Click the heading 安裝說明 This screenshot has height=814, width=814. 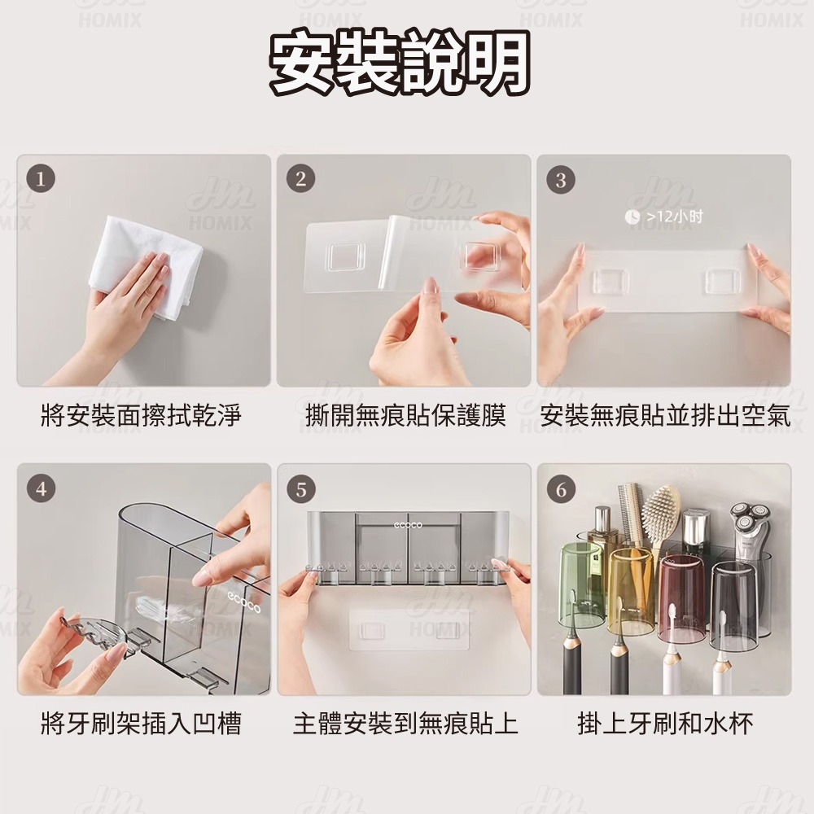click(400, 63)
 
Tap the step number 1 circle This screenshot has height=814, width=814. click(40, 178)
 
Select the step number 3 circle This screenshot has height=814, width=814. click(560, 179)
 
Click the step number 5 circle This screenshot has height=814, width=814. click(300, 489)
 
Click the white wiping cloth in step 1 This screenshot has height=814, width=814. click(147, 265)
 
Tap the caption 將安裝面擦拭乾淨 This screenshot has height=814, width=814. click(141, 417)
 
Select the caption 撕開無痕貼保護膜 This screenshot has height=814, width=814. click(405, 417)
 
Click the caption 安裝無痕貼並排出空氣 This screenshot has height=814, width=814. click(665, 417)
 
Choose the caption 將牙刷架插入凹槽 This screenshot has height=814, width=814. click(141, 722)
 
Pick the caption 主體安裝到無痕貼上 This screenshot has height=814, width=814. click(405, 722)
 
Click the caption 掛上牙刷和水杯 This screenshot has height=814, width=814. click(665, 722)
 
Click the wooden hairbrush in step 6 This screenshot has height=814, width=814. click(661, 509)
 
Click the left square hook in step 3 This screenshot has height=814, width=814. click(610, 281)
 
